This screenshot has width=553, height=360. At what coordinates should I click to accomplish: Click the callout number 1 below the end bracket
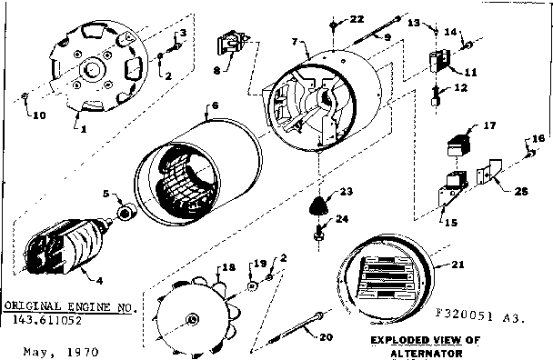pos(85,130)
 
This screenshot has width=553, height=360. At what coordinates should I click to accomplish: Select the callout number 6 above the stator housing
pos(215,107)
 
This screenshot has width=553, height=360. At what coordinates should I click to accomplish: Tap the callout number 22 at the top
pos(357,19)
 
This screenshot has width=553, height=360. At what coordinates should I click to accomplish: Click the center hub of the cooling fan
pos(191,317)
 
